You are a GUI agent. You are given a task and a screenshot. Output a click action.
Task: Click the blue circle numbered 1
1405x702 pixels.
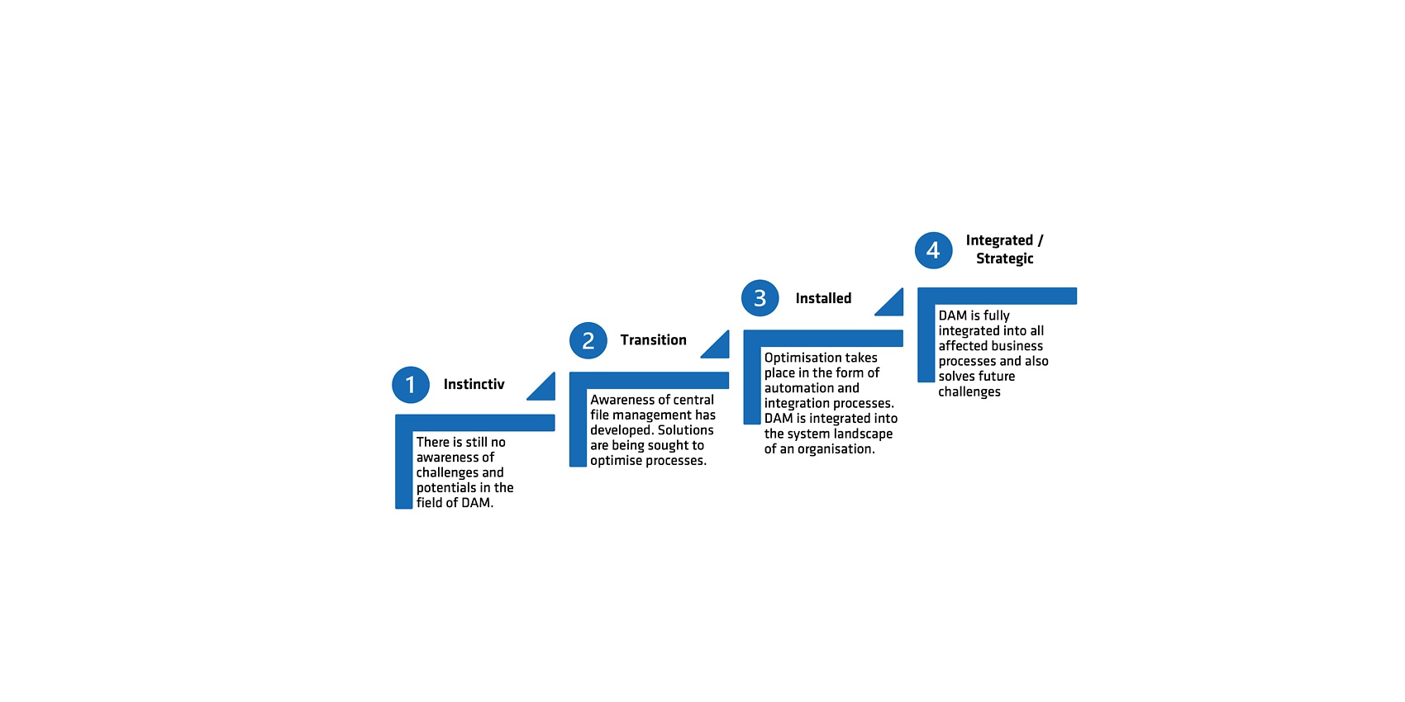tap(411, 385)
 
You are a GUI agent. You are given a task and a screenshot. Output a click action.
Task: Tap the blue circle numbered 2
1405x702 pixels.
tap(588, 340)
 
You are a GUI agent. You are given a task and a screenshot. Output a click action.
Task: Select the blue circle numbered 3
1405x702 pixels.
tap(760, 297)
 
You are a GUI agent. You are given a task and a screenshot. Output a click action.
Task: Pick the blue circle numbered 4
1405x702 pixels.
tap(933, 250)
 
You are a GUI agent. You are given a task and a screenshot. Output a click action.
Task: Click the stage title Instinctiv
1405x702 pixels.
tap(474, 384)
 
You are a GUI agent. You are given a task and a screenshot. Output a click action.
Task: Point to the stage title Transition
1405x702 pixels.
tap(653, 339)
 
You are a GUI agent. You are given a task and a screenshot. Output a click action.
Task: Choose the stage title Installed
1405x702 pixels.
tap(823, 298)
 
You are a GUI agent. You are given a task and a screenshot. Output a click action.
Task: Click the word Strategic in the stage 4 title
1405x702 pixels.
tap(1005, 259)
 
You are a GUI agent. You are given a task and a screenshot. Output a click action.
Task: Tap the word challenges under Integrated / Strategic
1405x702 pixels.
tap(969, 392)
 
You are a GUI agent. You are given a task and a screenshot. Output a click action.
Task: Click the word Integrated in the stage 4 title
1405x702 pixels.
tap(999, 240)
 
